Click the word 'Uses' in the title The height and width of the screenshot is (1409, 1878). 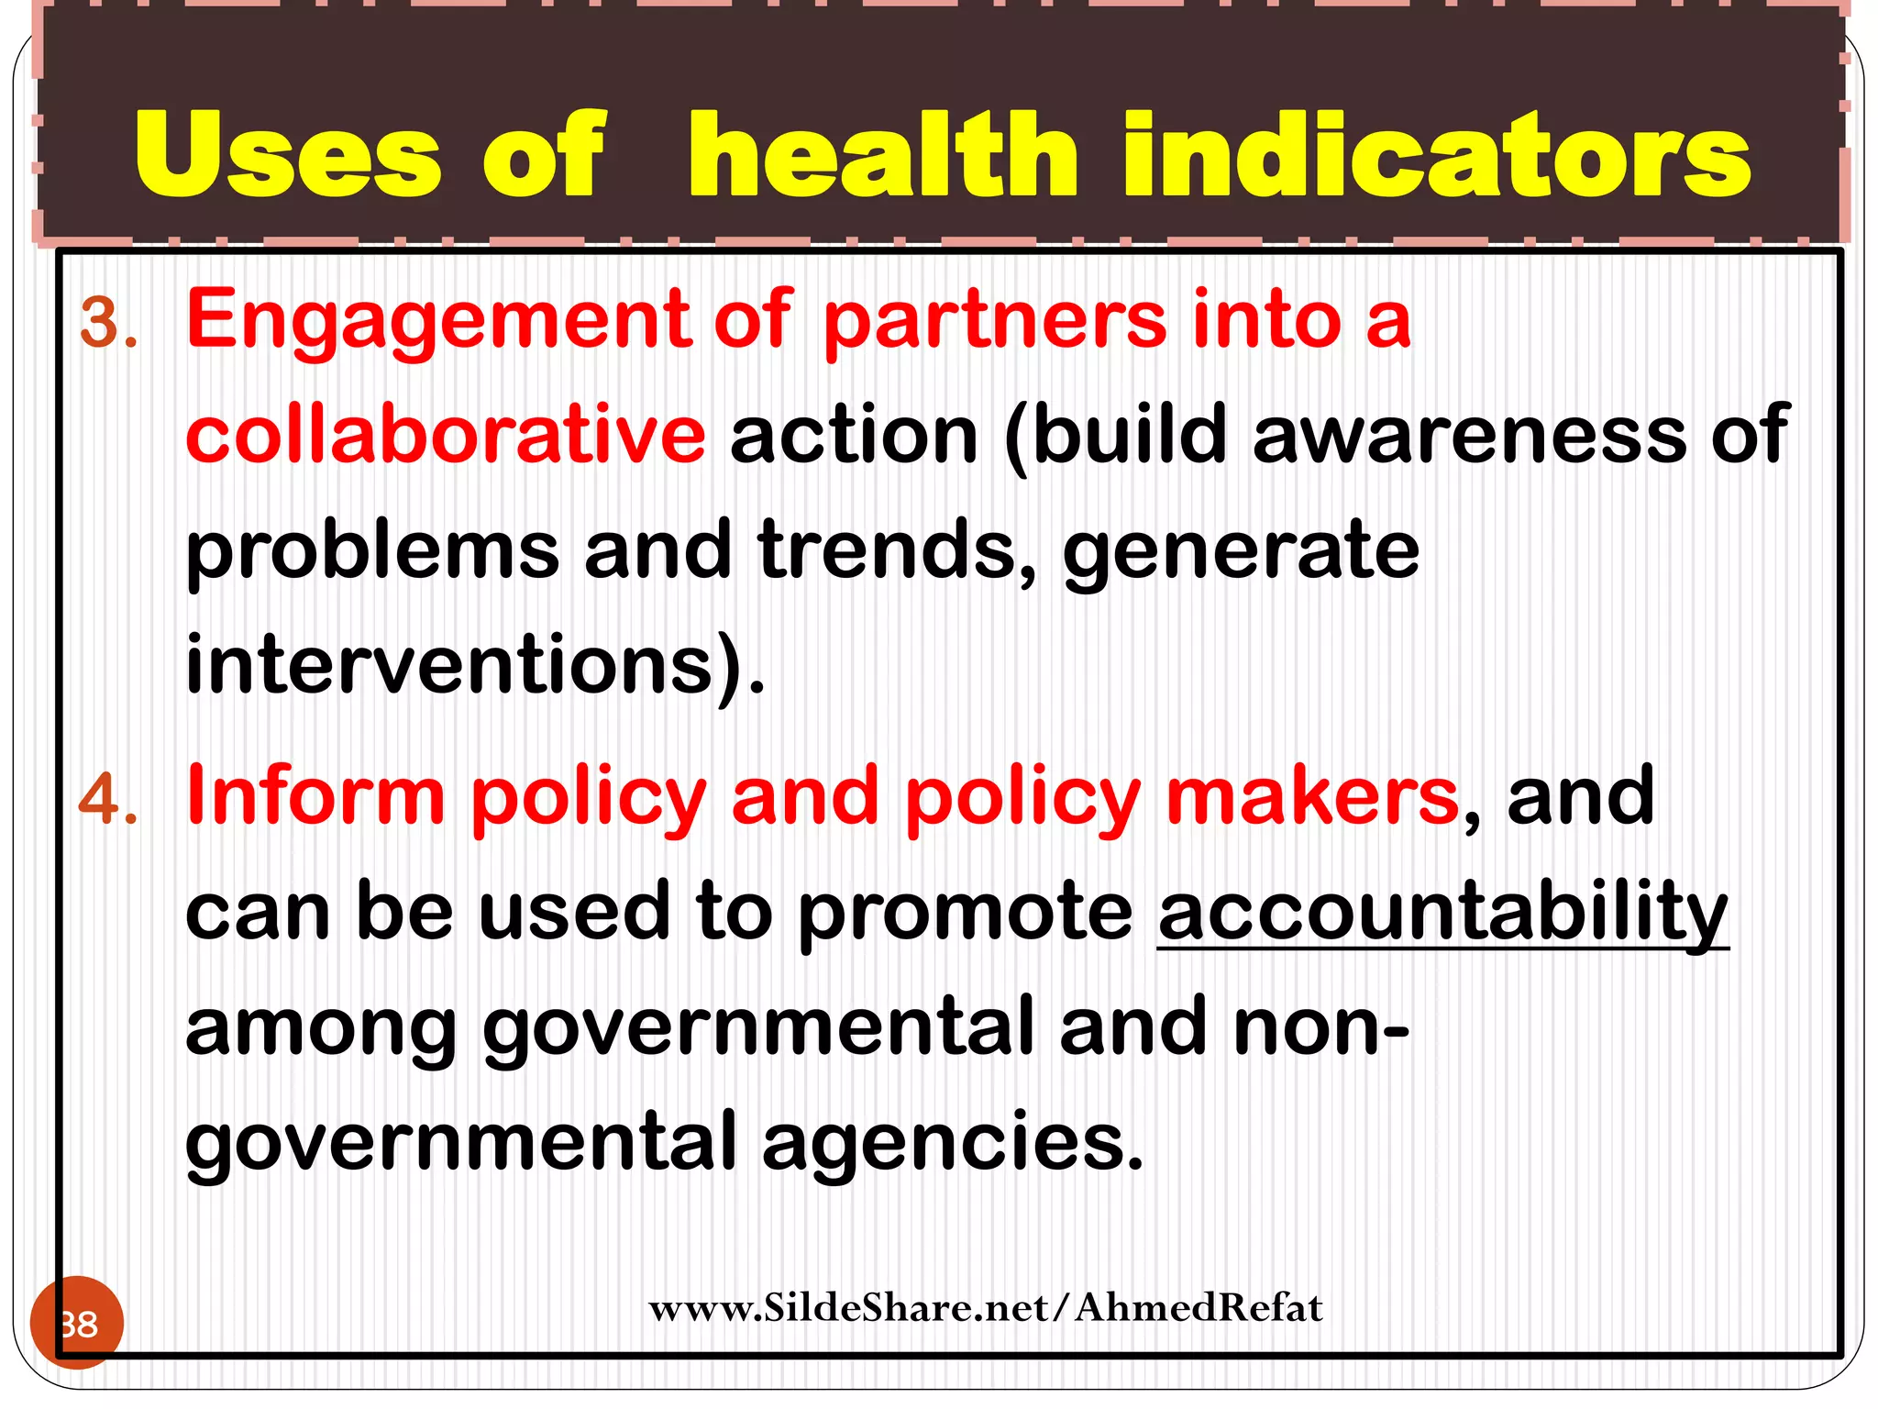point(287,154)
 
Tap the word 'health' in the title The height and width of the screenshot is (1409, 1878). point(882,154)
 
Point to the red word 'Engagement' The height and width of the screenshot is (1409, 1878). point(437,321)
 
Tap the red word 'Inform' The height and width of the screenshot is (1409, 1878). point(315,796)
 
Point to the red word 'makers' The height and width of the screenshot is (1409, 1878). point(1311,796)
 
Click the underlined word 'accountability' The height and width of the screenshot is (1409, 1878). point(1442,913)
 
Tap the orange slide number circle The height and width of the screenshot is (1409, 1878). point(77,1323)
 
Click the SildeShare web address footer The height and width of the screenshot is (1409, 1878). point(986,1308)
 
